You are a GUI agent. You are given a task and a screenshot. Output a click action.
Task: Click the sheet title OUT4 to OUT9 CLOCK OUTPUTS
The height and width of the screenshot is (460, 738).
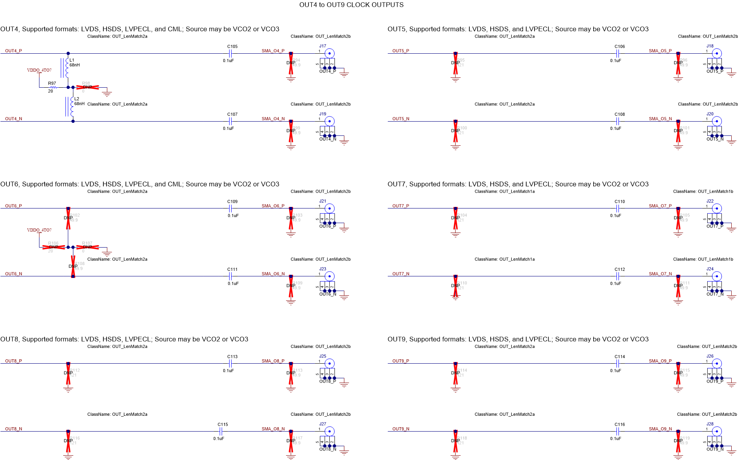[x=351, y=5]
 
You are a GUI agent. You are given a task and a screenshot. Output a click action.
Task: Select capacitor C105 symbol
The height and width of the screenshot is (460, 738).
[x=230, y=53]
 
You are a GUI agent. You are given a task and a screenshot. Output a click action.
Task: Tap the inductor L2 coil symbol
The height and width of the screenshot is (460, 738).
[x=72, y=107]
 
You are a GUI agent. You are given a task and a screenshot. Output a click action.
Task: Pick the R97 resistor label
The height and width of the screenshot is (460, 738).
[x=52, y=83]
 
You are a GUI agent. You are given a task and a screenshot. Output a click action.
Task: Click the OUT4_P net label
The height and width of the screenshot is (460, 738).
[x=13, y=51]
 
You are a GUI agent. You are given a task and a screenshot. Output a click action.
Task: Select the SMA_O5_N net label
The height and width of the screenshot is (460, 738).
[x=660, y=119]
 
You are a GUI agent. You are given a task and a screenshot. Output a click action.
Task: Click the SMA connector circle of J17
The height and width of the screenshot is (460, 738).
[x=329, y=53]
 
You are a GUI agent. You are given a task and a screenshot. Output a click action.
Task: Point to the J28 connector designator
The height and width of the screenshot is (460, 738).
[x=710, y=424]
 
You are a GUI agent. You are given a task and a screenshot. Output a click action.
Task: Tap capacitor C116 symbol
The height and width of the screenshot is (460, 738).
[x=618, y=431]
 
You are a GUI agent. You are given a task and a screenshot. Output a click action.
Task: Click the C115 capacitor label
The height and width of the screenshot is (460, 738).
[x=223, y=424]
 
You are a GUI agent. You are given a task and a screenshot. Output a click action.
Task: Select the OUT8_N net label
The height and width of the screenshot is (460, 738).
[x=13, y=429]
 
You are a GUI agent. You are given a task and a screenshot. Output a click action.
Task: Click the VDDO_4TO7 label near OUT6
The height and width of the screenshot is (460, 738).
[x=39, y=230]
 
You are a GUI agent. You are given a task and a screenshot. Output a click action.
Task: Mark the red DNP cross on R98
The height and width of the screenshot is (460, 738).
[x=88, y=87]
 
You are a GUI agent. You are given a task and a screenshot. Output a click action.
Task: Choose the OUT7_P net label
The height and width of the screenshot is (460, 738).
[x=401, y=206]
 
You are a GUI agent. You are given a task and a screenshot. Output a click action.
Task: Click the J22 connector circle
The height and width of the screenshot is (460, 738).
[x=717, y=208]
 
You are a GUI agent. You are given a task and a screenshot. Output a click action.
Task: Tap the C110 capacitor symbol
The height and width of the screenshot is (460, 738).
[x=618, y=208]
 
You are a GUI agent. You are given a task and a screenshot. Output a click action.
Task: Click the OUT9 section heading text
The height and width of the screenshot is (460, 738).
[x=518, y=339]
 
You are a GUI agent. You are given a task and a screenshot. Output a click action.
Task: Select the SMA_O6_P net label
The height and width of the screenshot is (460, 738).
[x=273, y=206]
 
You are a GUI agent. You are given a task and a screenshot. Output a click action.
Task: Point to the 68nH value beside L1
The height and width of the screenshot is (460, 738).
[x=75, y=65]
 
